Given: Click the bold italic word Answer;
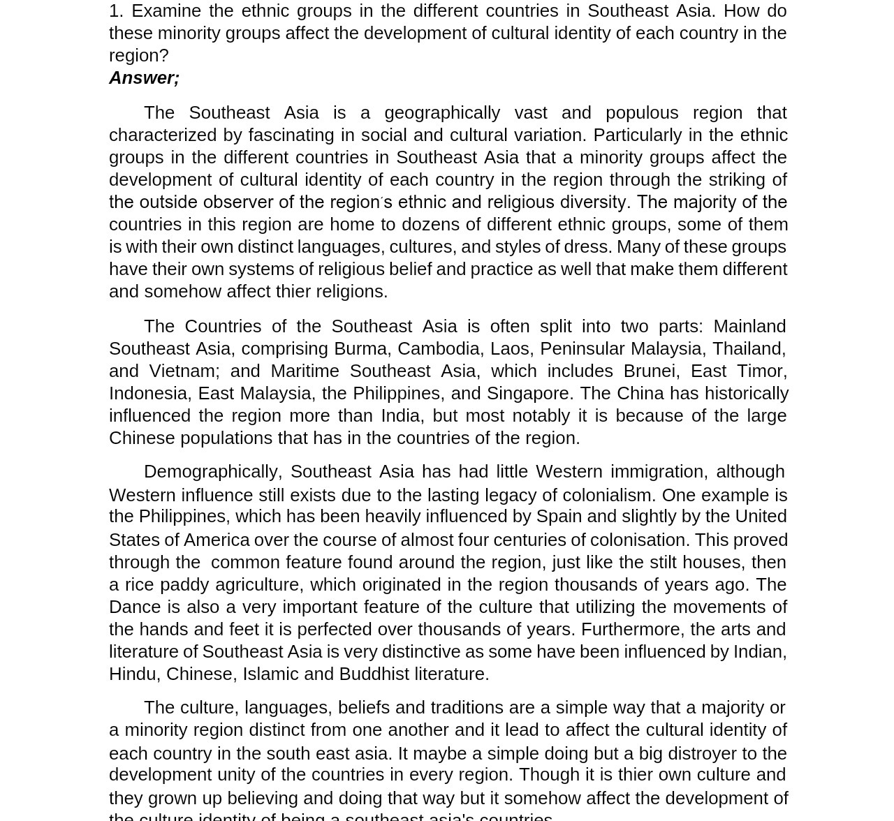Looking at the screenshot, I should [144, 77].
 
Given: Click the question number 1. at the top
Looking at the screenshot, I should [116, 10].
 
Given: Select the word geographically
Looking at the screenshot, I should [441, 112].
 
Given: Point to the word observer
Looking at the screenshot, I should [237, 202].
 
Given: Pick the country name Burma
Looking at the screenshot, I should [360, 348].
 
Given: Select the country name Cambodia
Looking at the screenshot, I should [438, 348].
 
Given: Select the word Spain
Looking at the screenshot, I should [558, 516].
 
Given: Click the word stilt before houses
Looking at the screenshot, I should [662, 562].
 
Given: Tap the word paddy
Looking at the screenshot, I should [184, 584].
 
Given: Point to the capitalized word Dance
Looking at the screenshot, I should [135, 607].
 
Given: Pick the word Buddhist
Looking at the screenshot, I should [374, 674].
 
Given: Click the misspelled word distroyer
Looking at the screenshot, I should [702, 753].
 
